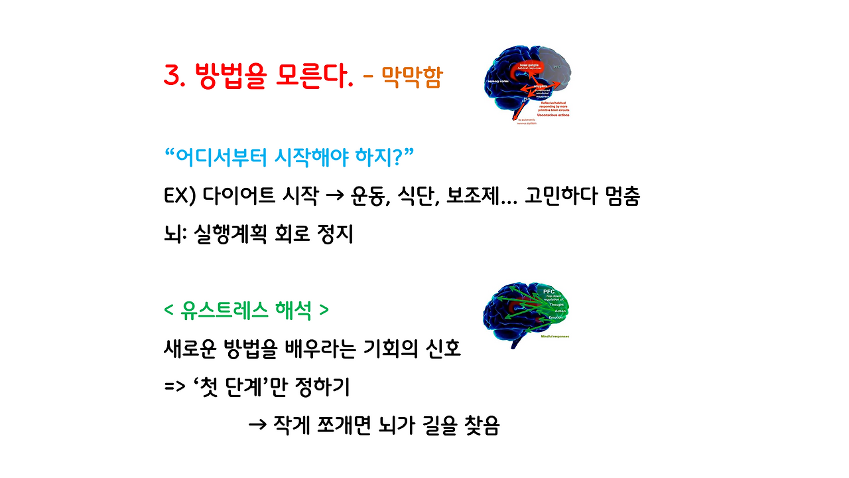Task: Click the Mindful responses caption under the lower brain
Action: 555,337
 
